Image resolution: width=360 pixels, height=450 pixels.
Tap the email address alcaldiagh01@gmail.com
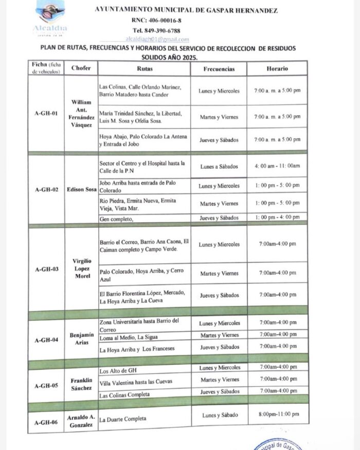click(157, 39)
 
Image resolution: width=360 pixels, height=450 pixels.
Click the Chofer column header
click(81, 68)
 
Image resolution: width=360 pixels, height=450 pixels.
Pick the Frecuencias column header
click(219, 68)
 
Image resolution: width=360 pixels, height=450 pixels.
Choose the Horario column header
click(277, 68)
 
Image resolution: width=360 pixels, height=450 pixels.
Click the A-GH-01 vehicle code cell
click(46, 114)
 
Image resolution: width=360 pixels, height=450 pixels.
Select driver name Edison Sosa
click(81, 189)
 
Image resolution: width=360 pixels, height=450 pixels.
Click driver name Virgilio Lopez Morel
click(81, 268)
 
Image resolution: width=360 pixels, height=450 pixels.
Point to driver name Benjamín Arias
click(81, 338)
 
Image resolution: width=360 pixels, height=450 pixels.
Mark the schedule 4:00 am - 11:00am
click(277, 166)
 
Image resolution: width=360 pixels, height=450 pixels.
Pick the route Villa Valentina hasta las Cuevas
click(136, 382)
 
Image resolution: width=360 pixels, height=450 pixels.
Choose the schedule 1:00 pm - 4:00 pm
click(277, 217)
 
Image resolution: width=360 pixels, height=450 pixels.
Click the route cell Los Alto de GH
click(117, 371)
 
